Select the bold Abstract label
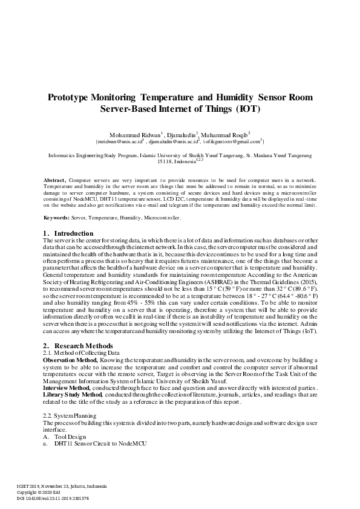[55, 181]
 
